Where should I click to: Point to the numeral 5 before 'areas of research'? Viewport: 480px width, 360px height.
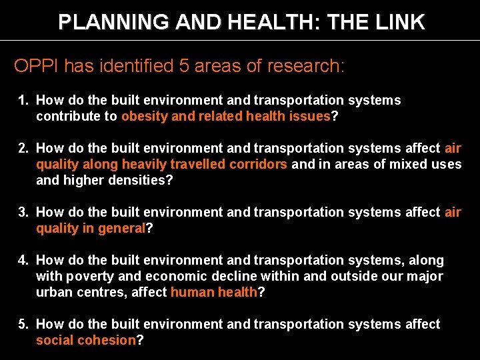pyautogui.click(x=184, y=65)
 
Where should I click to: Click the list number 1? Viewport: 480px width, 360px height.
pyautogui.click(x=23, y=101)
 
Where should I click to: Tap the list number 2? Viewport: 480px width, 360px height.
pyautogui.click(x=23, y=149)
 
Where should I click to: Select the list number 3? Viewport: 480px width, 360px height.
pyautogui.click(x=23, y=213)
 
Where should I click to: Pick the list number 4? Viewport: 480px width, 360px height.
pyautogui.click(x=23, y=261)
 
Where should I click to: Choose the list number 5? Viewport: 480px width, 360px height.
pyautogui.click(x=23, y=325)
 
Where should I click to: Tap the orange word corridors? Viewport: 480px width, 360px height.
pyautogui.click(x=259, y=165)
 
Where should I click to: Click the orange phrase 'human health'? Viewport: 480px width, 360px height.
pyautogui.click(x=213, y=293)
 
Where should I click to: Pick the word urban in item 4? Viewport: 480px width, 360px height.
pyautogui.click(x=54, y=293)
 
